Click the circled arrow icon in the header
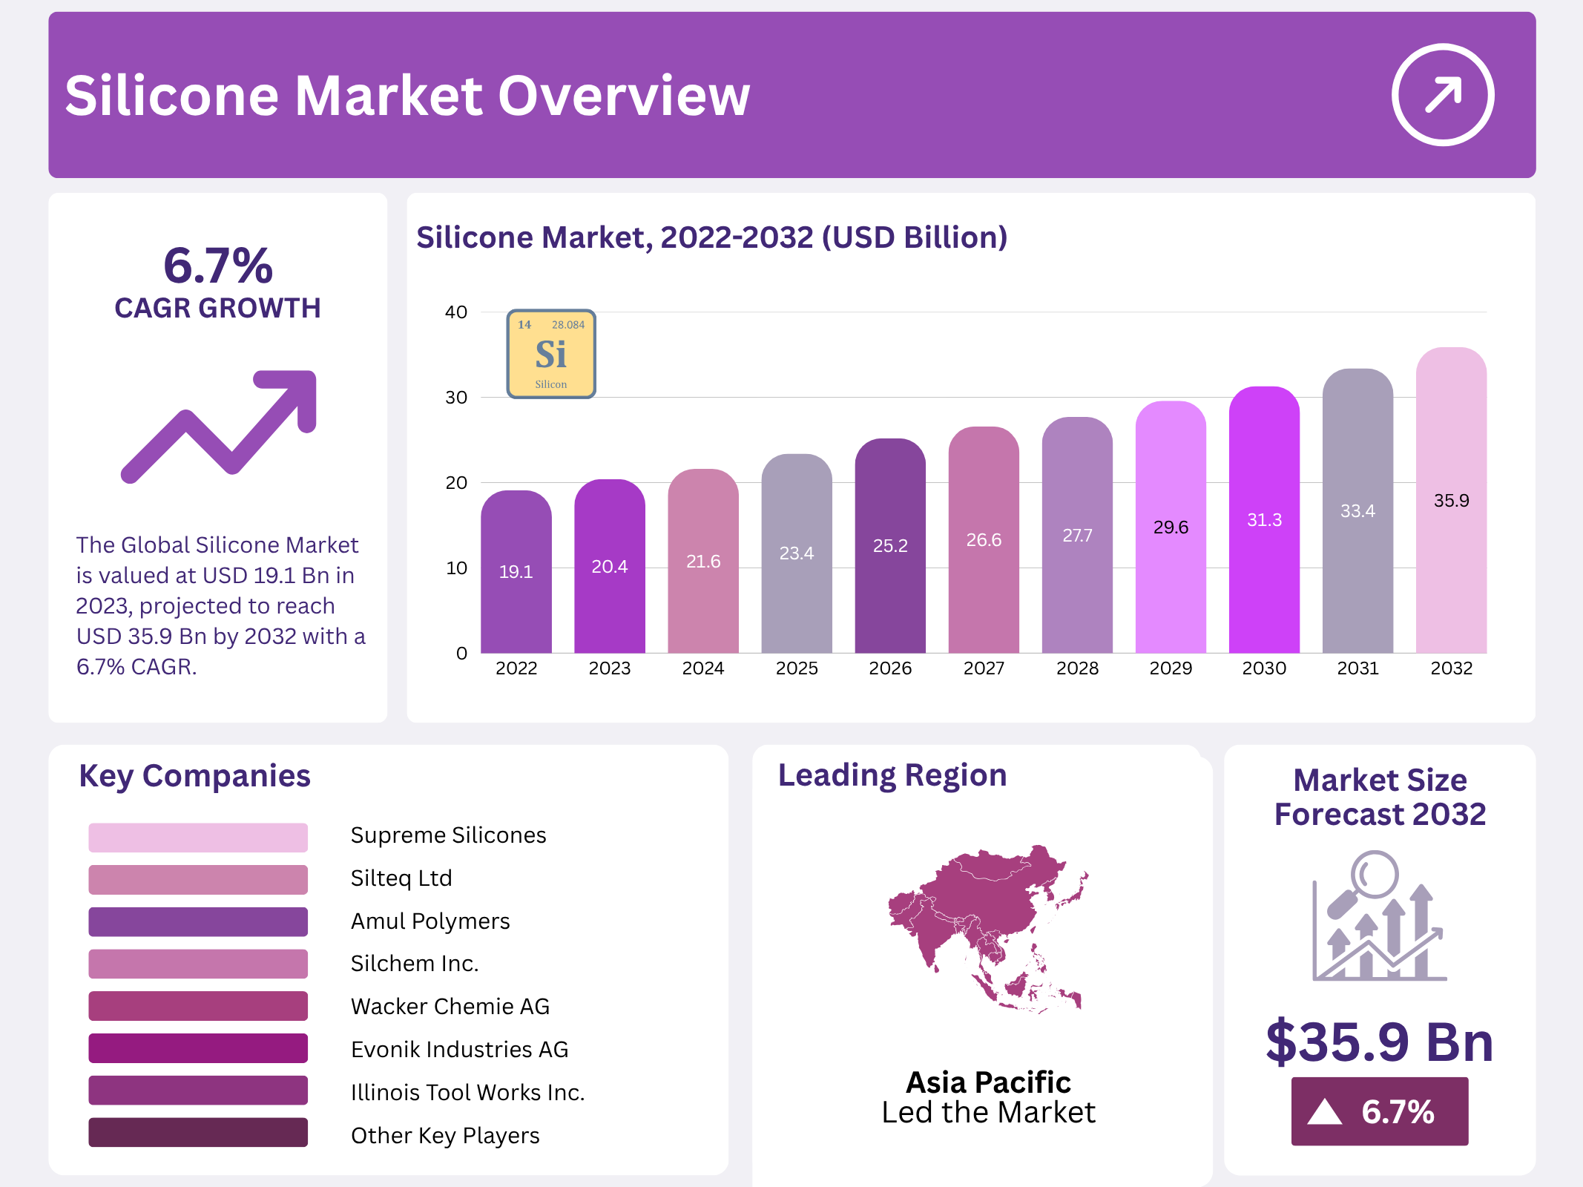point(1442,95)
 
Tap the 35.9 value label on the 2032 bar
point(1451,501)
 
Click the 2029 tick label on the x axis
point(1171,668)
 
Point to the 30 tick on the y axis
point(456,398)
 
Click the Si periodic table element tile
point(551,355)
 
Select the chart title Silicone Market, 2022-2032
point(711,237)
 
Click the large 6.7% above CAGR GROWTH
point(218,265)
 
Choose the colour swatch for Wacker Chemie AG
point(198,1006)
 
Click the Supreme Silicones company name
point(448,835)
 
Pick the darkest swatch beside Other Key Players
point(198,1132)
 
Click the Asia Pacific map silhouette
point(987,927)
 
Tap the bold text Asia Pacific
point(988,1082)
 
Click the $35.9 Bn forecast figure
point(1379,1042)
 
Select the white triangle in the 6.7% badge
point(1325,1112)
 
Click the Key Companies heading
point(194,776)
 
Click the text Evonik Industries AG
point(459,1049)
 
